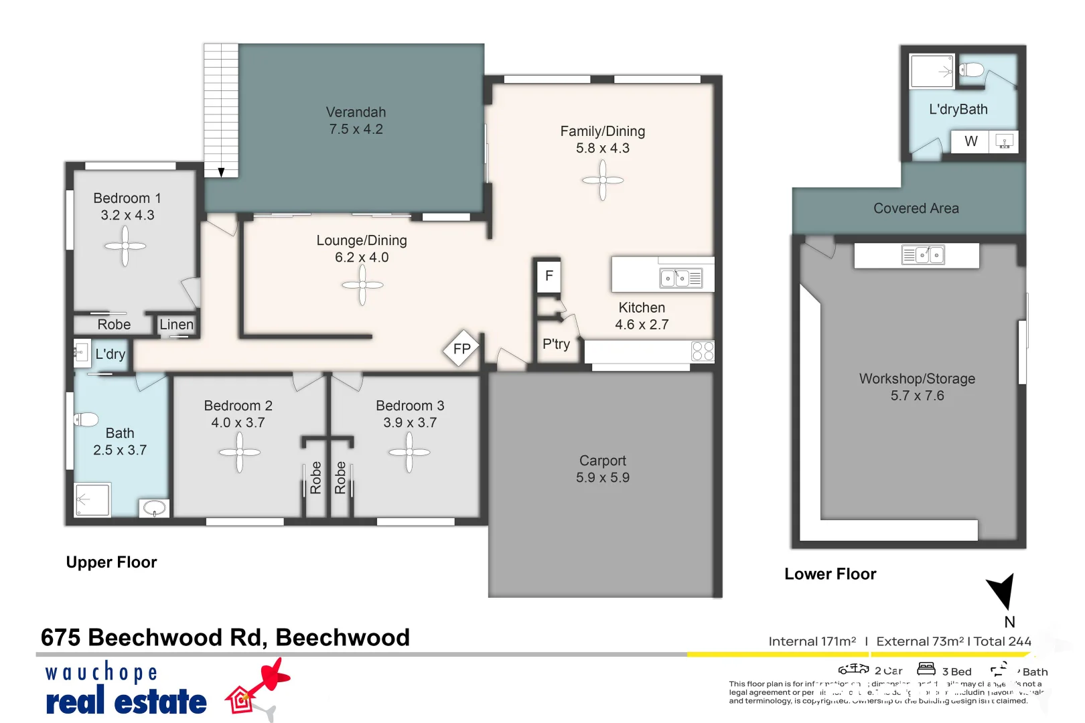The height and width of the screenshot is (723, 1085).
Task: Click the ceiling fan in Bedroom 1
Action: [125, 246]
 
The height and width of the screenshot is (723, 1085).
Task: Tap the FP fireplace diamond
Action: [461, 349]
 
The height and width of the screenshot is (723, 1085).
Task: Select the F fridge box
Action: [549, 276]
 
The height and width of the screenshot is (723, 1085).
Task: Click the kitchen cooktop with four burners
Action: [703, 351]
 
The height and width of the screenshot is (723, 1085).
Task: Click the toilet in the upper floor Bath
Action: [86, 420]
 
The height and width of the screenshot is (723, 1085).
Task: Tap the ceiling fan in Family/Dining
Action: [603, 180]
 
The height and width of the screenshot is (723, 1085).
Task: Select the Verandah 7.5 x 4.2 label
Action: [356, 121]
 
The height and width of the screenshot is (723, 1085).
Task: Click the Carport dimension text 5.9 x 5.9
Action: [602, 478]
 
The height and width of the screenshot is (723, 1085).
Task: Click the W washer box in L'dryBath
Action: [970, 141]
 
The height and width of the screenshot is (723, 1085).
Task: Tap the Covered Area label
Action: [916, 208]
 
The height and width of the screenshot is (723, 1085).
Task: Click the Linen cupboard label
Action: [176, 325]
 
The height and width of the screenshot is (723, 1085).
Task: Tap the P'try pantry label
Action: [556, 344]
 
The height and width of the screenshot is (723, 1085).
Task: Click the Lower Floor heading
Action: [830, 574]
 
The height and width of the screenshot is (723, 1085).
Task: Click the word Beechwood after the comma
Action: [342, 637]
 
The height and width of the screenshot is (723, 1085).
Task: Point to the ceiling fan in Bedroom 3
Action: [409, 452]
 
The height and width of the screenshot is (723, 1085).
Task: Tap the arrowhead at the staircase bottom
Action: [221, 173]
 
